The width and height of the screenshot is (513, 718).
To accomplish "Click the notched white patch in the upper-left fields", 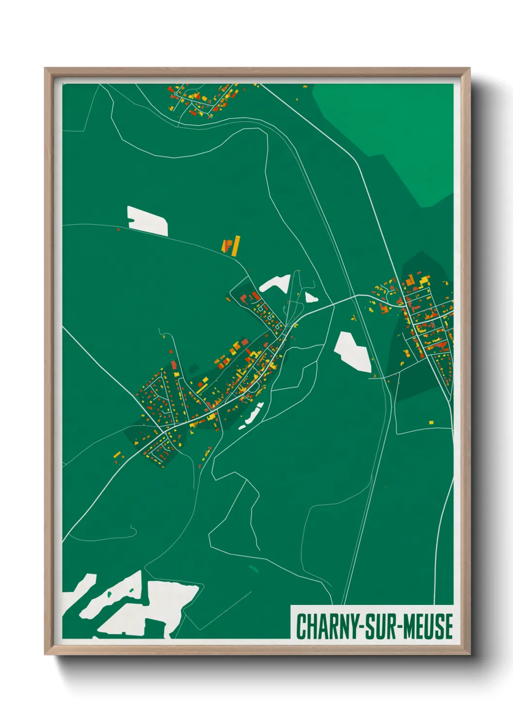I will pyautogui.click(x=147, y=221).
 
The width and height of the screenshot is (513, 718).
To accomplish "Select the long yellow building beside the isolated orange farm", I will pyautogui.click(x=236, y=246).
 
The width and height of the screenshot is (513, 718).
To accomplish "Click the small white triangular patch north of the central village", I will pyautogui.click(x=310, y=297).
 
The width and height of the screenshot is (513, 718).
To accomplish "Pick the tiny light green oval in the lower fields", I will pyautogui.click(x=253, y=568).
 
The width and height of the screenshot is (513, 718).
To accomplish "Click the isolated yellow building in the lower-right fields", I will pyautogui.click(x=431, y=423).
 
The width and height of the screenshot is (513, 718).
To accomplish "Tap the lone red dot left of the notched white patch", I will pyautogui.click(x=118, y=229).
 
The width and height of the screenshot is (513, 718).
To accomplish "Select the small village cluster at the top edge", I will pyautogui.click(x=204, y=99).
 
